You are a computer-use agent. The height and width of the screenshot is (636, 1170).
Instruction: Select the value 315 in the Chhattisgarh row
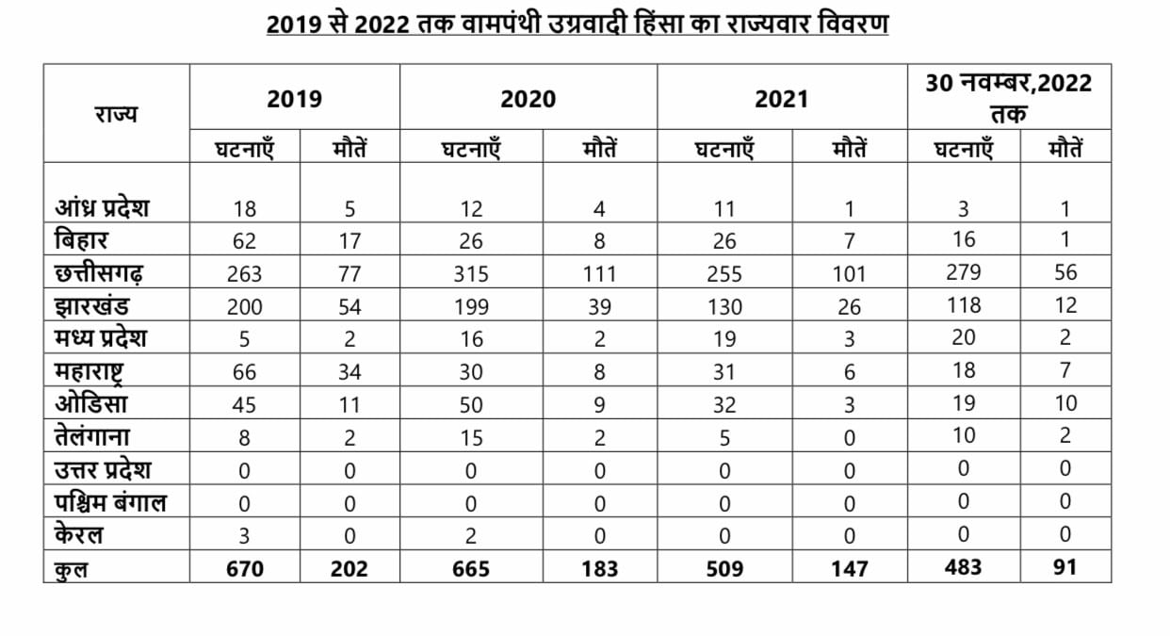(471, 274)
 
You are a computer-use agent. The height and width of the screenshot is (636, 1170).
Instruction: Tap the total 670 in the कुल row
(245, 569)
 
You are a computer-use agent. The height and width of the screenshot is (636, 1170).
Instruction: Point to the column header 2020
(528, 99)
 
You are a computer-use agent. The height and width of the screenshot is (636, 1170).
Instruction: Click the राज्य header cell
(115, 114)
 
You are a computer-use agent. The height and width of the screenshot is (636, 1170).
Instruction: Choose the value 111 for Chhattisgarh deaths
(599, 274)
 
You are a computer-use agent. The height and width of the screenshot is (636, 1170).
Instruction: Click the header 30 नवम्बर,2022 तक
(1008, 98)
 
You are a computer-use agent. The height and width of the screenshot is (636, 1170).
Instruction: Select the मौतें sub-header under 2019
(349, 149)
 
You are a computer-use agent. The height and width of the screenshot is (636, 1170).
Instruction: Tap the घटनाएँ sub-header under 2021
(724, 149)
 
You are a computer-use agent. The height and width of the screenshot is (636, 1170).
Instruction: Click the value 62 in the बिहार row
(245, 241)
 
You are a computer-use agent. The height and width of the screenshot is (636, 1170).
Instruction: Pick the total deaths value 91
(1065, 567)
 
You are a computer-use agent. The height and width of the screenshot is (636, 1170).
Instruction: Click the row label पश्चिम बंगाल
(110, 503)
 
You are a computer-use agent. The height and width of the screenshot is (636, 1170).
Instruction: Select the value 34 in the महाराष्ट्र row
(349, 372)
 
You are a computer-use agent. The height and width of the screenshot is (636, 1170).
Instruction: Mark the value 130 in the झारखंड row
(724, 307)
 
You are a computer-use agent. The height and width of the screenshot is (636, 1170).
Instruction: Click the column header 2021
(781, 99)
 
